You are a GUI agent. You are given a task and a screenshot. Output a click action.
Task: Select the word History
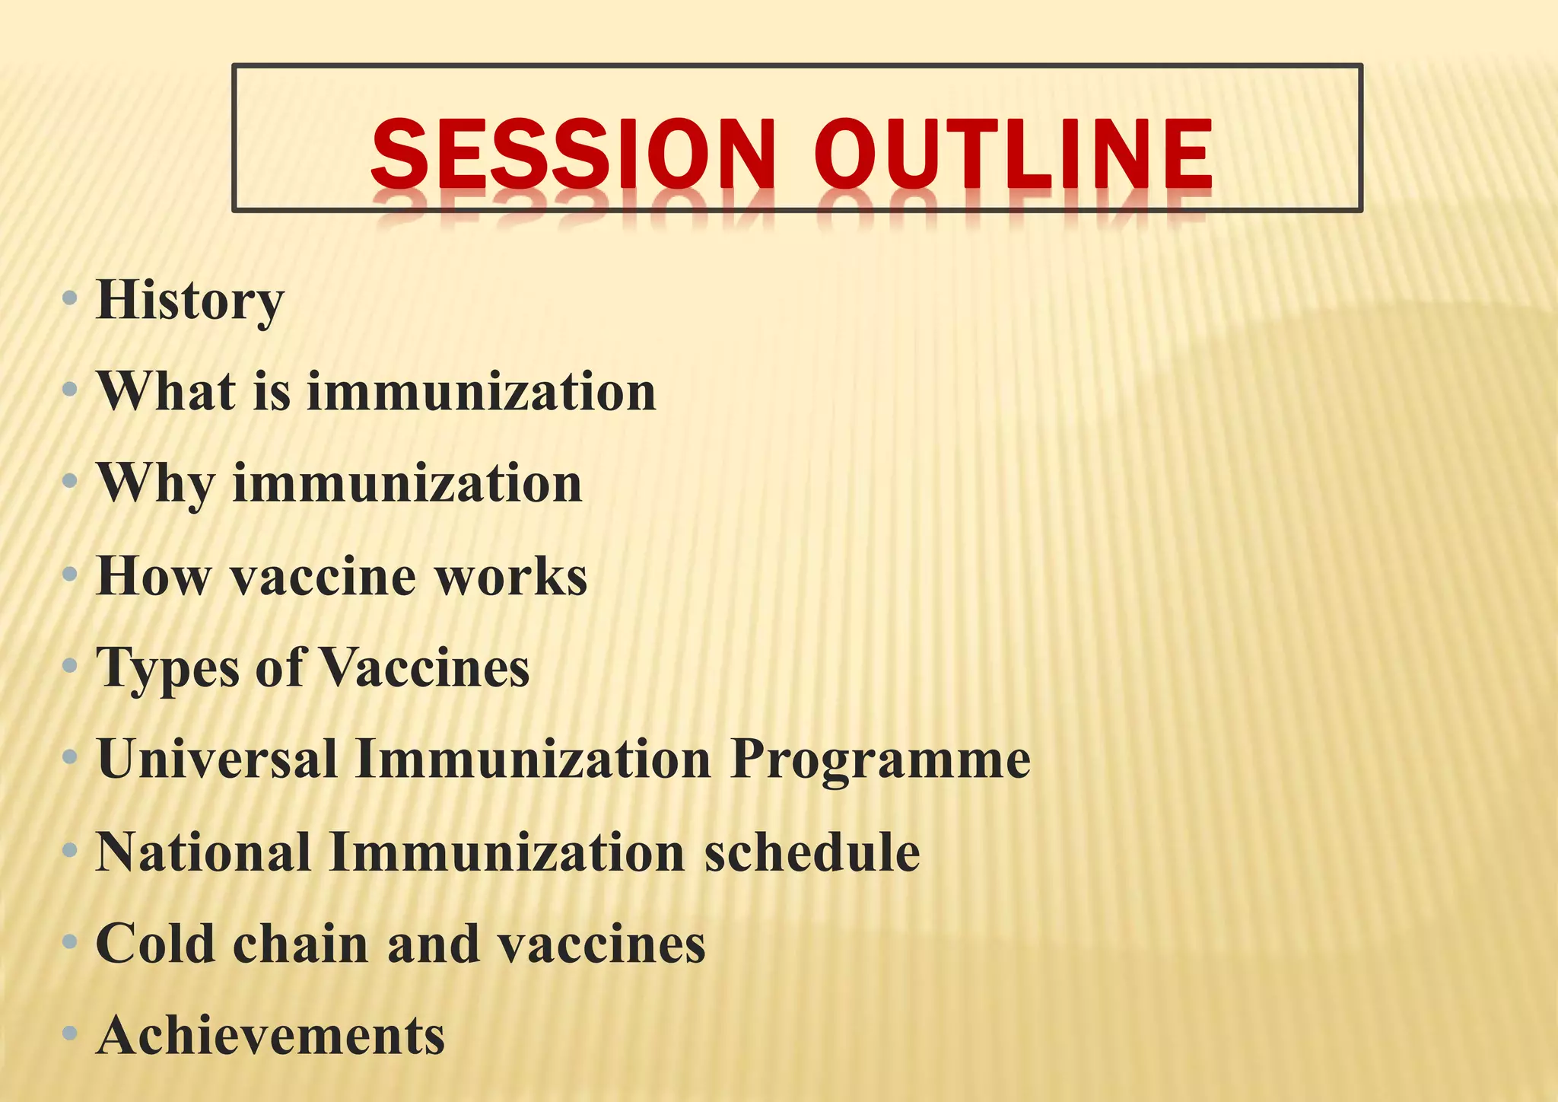(x=190, y=301)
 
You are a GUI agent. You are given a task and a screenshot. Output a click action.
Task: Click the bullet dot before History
(x=70, y=298)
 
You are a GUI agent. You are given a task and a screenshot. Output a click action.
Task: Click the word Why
(x=155, y=484)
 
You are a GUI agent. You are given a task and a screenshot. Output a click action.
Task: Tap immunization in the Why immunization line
(x=407, y=484)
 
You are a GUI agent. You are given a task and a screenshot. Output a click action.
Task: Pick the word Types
(x=167, y=668)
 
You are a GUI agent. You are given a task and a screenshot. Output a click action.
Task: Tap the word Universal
(x=217, y=760)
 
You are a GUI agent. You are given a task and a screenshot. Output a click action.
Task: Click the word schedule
(x=812, y=852)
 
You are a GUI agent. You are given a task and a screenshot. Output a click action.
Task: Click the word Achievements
(x=271, y=1036)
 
